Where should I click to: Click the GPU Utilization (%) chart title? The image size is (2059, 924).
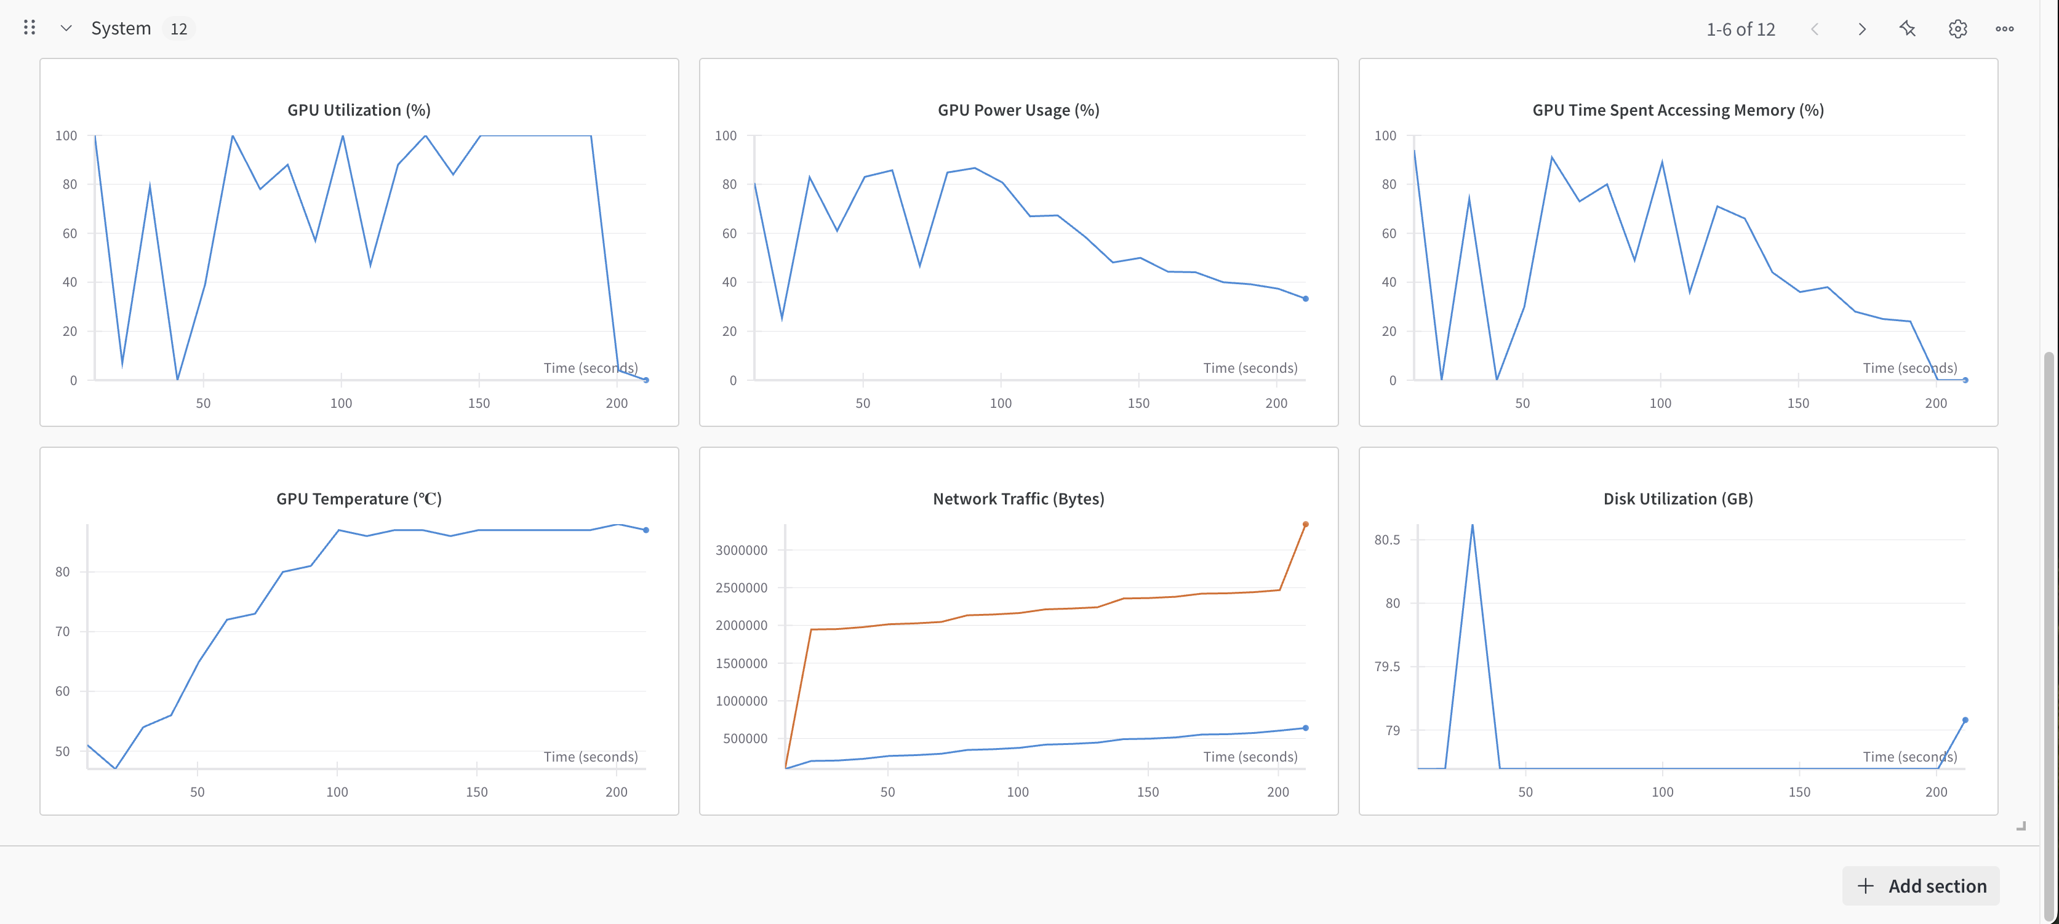(x=359, y=110)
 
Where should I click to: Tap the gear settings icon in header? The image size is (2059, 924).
(x=1957, y=29)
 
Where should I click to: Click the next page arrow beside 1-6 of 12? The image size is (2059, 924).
(x=1861, y=29)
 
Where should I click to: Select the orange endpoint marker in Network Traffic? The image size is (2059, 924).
(x=1305, y=524)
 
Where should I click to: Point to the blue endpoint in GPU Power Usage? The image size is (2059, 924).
(x=1305, y=299)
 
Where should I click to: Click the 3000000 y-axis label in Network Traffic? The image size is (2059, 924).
(x=741, y=550)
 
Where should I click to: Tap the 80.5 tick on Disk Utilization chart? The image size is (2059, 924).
(x=1387, y=540)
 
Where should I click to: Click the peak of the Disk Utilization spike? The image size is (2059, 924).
(x=1473, y=526)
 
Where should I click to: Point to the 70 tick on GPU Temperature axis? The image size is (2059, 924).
(x=62, y=631)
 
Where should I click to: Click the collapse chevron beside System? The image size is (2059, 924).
(x=66, y=29)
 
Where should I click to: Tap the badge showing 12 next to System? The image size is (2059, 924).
(x=178, y=29)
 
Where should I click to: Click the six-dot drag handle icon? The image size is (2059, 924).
(x=30, y=28)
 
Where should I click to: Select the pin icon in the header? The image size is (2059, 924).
(x=1907, y=29)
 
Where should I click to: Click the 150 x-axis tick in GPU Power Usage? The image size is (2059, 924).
(x=1138, y=403)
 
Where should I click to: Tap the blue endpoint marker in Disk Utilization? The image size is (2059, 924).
(x=1965, y=720)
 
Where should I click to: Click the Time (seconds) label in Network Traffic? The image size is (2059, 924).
(x=1250, y=756)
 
